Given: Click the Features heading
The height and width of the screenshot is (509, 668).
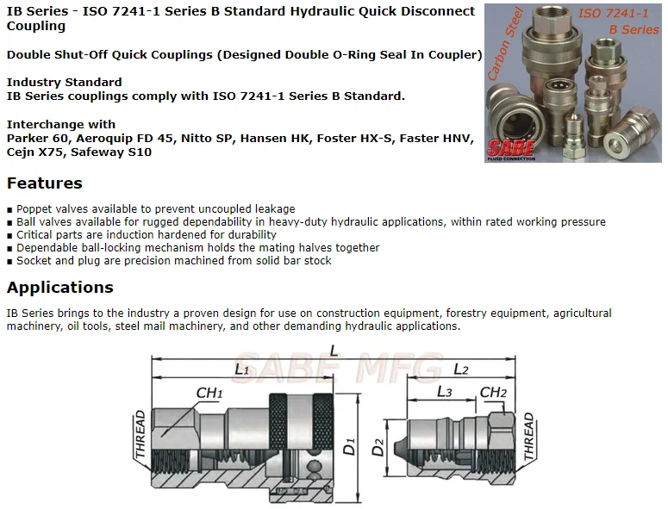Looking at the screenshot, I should [45, 183].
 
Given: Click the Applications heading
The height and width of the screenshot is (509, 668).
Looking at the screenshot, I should [60, 287].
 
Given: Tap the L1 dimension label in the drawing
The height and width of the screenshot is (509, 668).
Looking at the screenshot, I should [241, 370].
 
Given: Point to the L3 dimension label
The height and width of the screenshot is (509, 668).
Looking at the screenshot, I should [443, 392].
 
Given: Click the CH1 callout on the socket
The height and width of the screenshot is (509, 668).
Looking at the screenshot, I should [209, 393].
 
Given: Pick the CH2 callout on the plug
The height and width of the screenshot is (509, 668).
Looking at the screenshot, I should [492, 393].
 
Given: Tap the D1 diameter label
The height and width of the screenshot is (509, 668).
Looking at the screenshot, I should [350, 447].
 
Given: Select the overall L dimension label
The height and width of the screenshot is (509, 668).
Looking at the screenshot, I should [333, 350].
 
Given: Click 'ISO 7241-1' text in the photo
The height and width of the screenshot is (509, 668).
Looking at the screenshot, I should [614, 15].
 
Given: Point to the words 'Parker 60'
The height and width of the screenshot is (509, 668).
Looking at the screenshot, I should [36, 138].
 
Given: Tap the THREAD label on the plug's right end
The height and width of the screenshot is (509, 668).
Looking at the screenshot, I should [528, 436].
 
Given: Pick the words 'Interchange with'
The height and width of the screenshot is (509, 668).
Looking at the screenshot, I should [60, 124].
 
